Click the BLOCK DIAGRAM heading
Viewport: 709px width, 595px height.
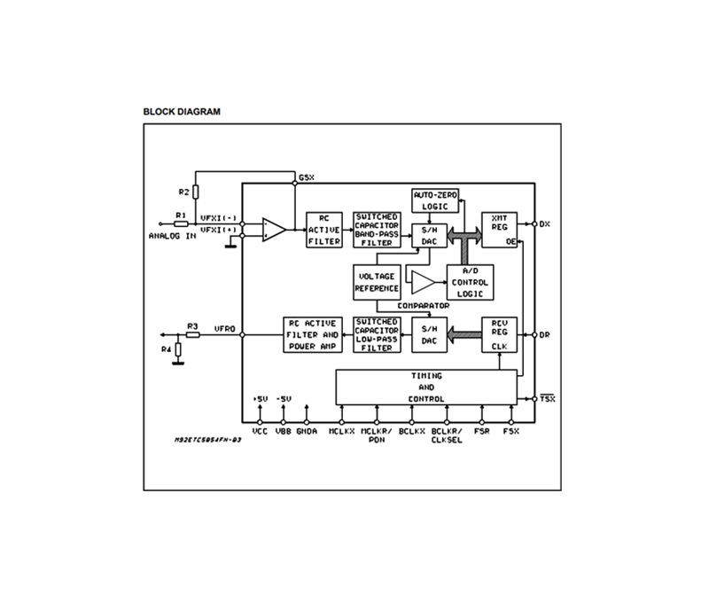coord(182,112)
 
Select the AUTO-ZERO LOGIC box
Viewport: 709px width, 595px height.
coord(434,200)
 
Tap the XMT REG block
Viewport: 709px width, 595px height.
coord(499,229)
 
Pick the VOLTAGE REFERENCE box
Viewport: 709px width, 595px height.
coord(377,282)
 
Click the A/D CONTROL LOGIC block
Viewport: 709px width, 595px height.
coord(471,282)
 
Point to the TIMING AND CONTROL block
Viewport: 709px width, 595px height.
coord(425,388)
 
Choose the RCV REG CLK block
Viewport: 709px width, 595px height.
coord(499,334)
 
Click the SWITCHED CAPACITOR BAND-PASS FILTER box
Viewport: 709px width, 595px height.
coord(377,229)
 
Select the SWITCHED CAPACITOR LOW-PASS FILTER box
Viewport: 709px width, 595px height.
coord(377,334)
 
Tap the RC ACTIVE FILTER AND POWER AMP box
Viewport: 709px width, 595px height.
coord(312,334)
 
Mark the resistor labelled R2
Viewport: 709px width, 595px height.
coord(197,192)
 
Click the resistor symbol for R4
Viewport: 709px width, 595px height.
coord(179,350)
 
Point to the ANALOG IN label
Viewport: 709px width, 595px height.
coord(172,235)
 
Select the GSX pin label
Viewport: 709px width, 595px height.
coord(307,177)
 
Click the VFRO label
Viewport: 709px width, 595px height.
coord(224,328)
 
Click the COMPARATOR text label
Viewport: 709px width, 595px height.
coord(423,306)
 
